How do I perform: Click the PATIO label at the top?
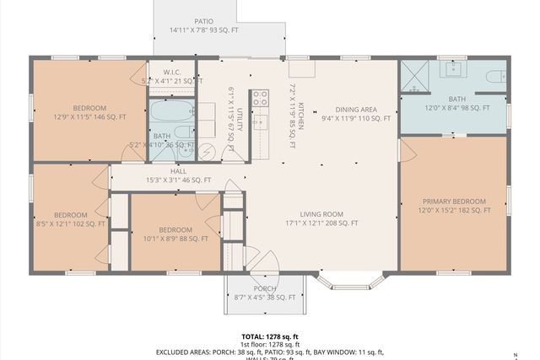(203, 21)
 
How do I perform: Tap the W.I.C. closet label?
(172, 73)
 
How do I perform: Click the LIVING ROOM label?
(311, 214)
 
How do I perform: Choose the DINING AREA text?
(356, 110)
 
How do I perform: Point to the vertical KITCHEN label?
(300, 103)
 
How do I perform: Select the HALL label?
(154, 171)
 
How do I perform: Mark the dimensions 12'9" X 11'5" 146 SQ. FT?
(89, 118)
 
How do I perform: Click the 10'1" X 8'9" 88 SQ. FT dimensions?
(175, 239)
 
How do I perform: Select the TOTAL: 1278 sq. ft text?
(270, 336)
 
